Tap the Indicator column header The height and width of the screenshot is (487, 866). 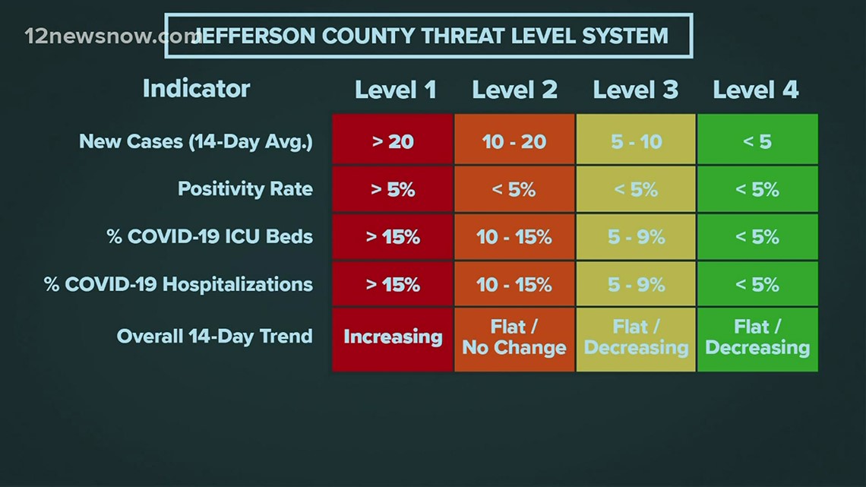(x=196, y=89)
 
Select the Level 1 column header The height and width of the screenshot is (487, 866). (x=395, y=90)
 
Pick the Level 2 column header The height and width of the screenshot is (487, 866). (x=514, y=90)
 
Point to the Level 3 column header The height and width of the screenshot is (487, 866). (x=635, y=90)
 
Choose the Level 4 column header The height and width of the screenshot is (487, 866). (x=755, y=90)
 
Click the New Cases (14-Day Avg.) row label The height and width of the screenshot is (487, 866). (x=196, y=141)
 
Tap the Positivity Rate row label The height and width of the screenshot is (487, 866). (x=245, y=188)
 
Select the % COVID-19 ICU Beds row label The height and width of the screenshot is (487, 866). (x=210, y=236)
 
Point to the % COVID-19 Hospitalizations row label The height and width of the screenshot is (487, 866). (x=179, y=284)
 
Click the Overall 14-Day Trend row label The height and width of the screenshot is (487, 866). (x=214, y=336)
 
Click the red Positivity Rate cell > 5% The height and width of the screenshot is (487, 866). (x=393, y=189)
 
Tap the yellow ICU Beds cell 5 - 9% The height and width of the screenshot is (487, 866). (x=636, y=237)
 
